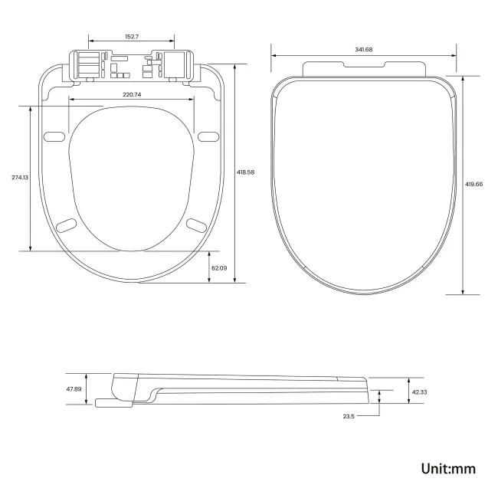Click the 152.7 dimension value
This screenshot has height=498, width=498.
coord(132,36)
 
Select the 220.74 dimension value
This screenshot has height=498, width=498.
coord(132,94)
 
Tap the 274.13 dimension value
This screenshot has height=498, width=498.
coord(20,178)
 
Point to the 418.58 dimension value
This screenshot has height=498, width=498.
coord(245,172)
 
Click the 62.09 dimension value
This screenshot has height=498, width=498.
coord(219,267)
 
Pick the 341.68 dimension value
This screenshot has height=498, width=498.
coord(364,50)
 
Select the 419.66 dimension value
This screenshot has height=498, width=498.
coord(474,184)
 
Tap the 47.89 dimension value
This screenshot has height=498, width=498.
coord(74,389)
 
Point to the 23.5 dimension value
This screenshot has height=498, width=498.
coord(348,416)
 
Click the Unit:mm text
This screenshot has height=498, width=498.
coord(448,468)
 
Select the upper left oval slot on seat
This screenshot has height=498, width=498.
coord(54,136)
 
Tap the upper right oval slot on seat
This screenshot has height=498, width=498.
coord(208,136)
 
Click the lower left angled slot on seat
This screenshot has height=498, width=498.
coord(67,224)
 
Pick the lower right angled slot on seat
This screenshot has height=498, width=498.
coord(196,224)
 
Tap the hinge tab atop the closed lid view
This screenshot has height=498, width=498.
coord(364,68)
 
